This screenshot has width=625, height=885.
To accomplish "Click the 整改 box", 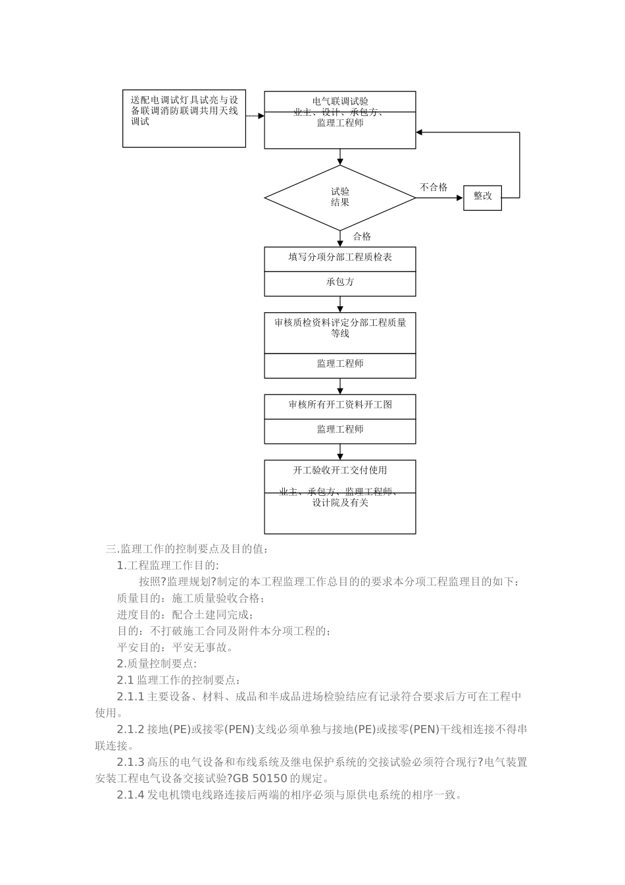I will [x=482, y=197].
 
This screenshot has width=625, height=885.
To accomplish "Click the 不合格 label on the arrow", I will [x=434, y=188].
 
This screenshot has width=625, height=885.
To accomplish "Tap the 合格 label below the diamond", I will [x=362, y=237].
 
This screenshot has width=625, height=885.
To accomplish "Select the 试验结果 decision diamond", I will [x=339, y=197].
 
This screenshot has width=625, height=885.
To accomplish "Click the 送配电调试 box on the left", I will [x=184, y=119].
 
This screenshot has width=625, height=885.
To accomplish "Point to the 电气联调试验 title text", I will [x=340, y=101].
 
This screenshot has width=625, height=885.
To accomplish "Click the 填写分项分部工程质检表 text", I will [x=340, y=257].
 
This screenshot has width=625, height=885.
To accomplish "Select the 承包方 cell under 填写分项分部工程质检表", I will [x=340, y=282].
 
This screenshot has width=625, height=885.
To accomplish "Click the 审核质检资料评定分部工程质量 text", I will [x=340, y=323].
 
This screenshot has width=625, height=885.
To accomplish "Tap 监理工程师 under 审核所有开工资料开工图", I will [x=340, y=429].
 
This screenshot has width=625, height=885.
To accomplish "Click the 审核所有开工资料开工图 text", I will [x=340, y=405].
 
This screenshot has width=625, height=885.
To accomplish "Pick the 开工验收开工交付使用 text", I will [x=340, y=470].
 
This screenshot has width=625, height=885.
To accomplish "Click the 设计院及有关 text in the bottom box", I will [x=340, y=503].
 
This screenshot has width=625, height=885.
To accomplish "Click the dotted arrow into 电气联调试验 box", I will [x=255, y=116].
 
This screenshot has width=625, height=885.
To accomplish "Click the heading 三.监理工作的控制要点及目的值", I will [x=187, y=549].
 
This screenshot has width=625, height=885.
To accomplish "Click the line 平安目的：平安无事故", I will [x=175, y=647].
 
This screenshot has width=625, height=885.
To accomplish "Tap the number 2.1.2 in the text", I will [x=130, y=730].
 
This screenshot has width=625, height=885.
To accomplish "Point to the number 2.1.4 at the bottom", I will [x=130, y=795].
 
